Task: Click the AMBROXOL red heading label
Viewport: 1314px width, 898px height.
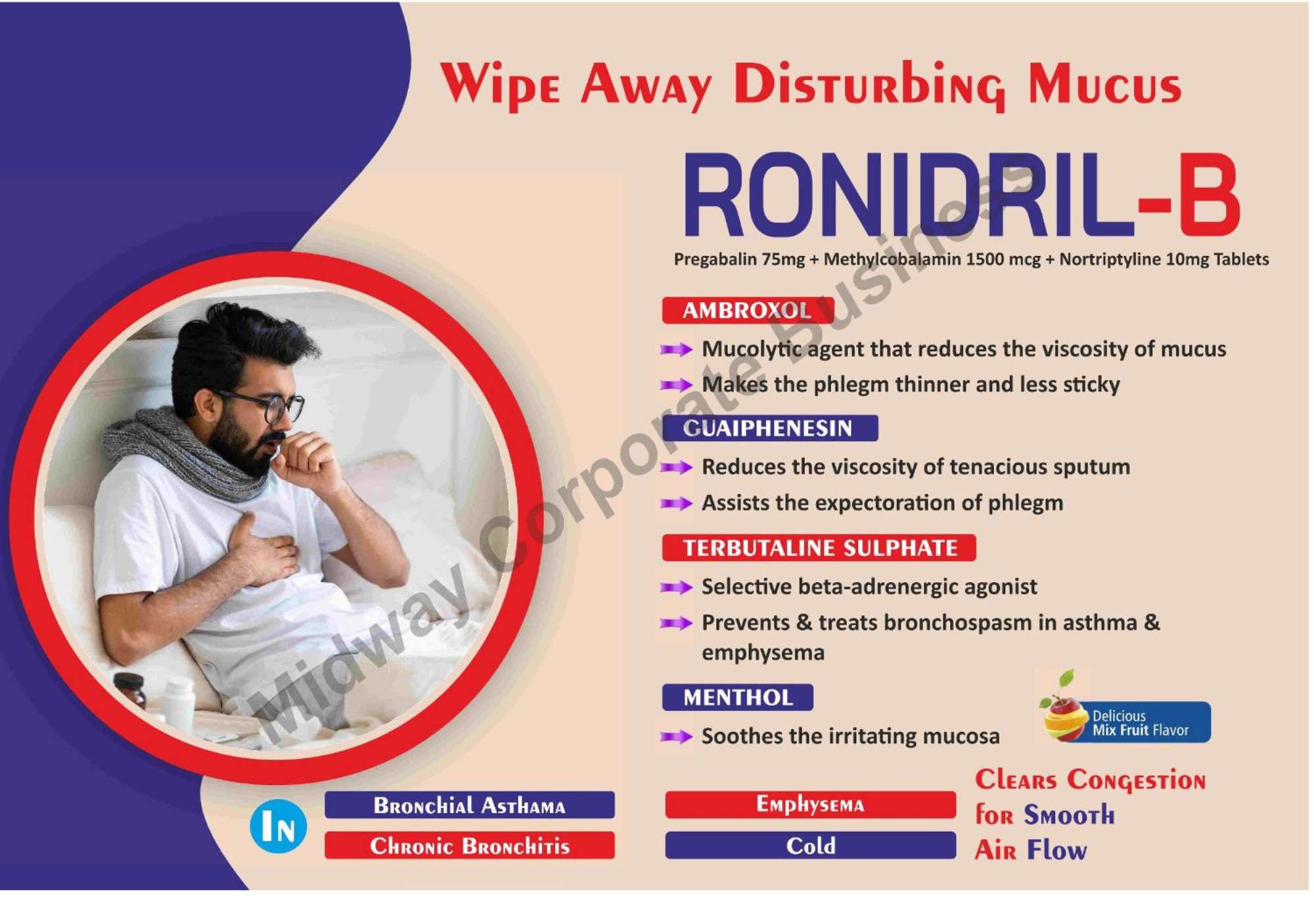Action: click(748, 310)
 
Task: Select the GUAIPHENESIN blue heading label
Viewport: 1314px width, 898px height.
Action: click(770, 429)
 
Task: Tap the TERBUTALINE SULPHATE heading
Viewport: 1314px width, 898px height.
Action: click(819, 548)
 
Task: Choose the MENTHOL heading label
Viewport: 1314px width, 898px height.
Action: click(738, 697)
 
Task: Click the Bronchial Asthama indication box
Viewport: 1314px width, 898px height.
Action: click(470, 805)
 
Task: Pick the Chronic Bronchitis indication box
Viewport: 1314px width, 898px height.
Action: click(470, 845)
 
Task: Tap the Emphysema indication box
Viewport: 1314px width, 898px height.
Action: click(811, 805)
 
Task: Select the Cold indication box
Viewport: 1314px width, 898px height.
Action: click(811, 845)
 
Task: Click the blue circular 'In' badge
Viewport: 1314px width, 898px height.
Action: click(279, 826)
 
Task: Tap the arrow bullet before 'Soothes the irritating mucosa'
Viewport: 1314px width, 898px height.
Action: click(677, 737)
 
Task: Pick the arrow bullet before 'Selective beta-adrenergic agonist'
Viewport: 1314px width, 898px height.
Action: click(677, 588)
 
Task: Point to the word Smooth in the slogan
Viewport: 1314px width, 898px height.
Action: click(1070, 816)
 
